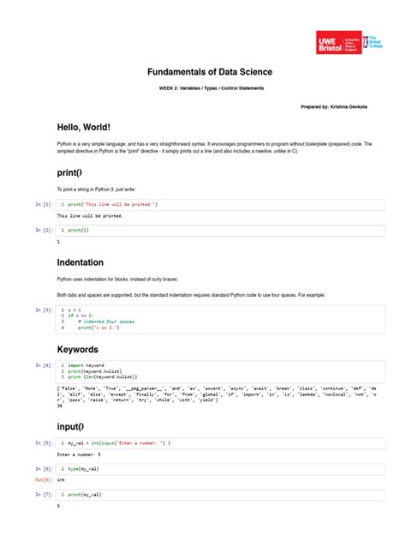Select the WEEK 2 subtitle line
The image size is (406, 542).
[203, 88]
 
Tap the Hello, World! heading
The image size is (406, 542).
[84, 126]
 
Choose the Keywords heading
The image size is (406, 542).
[77, 350]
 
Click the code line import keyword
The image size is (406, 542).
[87, 365]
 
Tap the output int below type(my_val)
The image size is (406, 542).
[61, 481]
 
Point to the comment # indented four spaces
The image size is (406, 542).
[106, 322]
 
